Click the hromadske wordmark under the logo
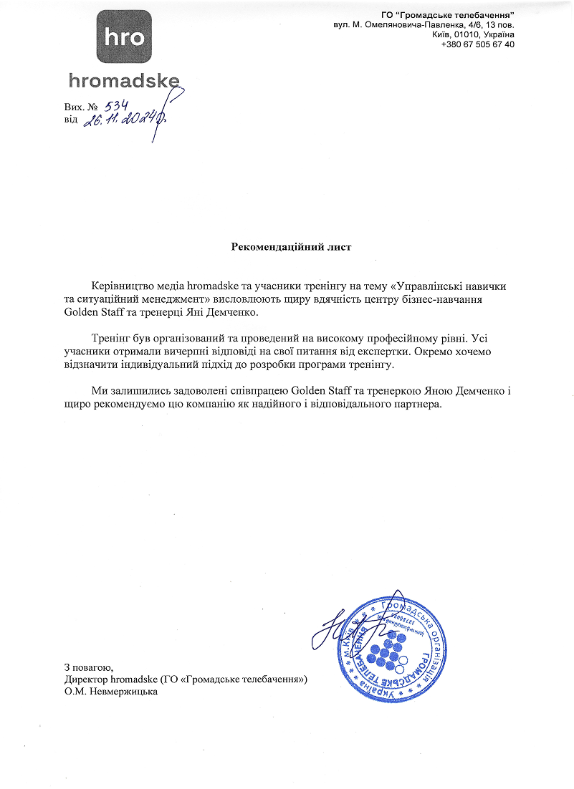click(124, 80)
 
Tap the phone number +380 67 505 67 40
click(478, 44)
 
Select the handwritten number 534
click(115, 106)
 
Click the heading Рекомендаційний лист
click(292, 247)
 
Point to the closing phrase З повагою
click(89, 667)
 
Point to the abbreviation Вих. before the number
click(75, 107)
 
